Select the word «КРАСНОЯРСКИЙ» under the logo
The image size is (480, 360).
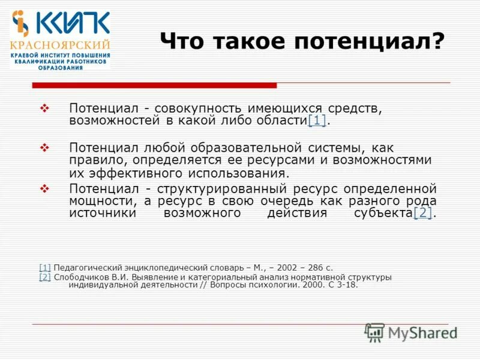coord(60,45)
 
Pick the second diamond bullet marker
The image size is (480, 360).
coord(43,147)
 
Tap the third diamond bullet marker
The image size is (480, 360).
coord(43,188)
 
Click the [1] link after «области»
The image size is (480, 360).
coord(317,121)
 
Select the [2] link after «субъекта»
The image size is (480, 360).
coord(422,214)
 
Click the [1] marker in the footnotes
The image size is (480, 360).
coord(45,268)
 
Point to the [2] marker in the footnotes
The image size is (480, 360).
coord(45,277)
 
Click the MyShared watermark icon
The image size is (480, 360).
coord(375,332)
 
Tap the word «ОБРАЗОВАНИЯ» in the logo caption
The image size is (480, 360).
coord(61,68)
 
